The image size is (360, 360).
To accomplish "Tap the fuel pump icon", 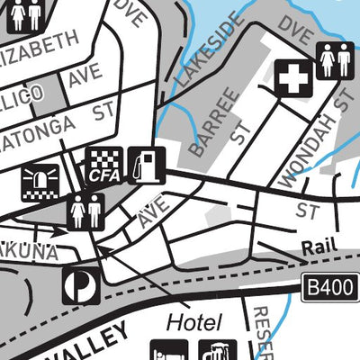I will [x=144, y=166].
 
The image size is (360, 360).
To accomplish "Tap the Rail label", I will [x=317, y=247].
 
